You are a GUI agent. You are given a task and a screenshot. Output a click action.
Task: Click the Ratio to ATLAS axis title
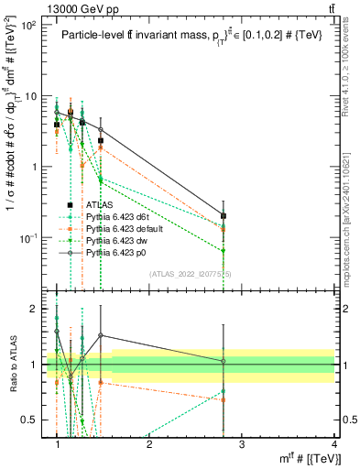(x=12, y=364)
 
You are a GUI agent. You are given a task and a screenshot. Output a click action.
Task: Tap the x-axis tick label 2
(x=149, y=444)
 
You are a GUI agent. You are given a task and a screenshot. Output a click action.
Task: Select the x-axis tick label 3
(x=241, y=444)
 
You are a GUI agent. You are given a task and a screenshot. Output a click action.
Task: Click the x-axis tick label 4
(x=333, y=444)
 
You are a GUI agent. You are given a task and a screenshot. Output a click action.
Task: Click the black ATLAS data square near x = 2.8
(x=224, y=216)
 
